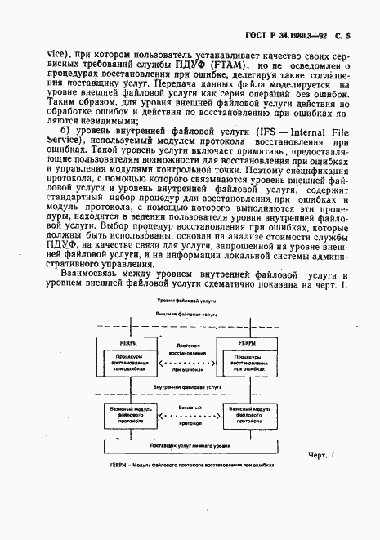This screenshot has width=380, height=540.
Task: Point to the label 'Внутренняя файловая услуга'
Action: coord(182,390)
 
